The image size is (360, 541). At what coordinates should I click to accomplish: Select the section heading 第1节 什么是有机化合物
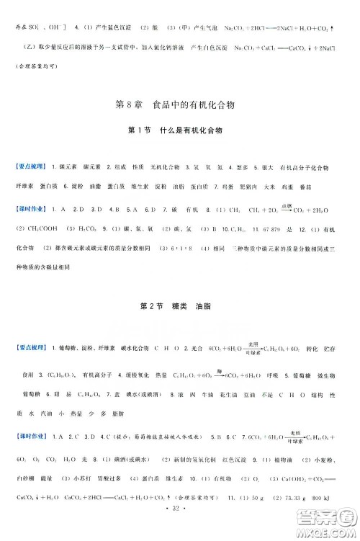(x=180, y=130)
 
